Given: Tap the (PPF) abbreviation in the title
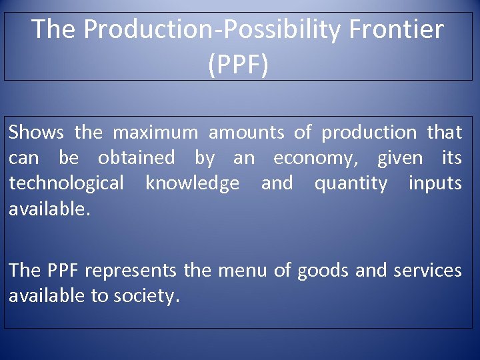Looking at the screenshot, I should coord(238,65).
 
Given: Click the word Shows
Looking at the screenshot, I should coord(36,133).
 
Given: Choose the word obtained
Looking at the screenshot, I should coord(136,158).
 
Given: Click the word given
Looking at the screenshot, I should coord(400,158).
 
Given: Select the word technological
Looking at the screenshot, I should coord(66,183).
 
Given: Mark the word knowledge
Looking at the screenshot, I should coord(192,183).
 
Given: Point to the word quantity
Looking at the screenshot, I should coord(350,183).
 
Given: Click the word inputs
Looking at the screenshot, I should coord(435,183).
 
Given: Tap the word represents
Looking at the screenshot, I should coord(131,271).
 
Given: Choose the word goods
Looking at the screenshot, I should coord(323,271).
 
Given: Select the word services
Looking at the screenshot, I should coord(427,271).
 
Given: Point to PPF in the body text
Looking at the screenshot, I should coord(63,271).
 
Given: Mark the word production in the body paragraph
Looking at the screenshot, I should coord(369,133).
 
